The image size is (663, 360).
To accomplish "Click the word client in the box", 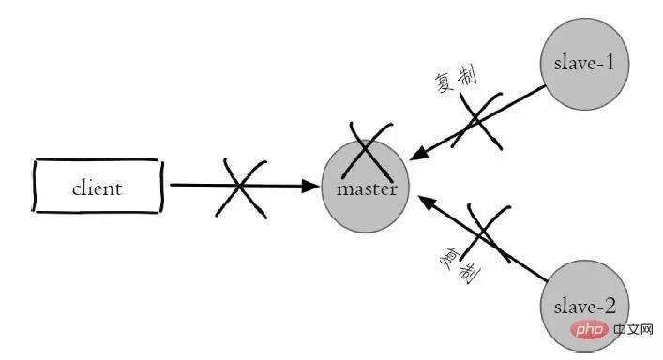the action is coord(98,188).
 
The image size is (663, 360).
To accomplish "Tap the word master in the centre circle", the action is coord(367,188).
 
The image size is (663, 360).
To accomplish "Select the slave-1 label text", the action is coord(584,63).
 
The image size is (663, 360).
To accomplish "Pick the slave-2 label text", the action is coord(585,307).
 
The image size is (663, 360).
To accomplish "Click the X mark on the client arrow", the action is coord(240,188).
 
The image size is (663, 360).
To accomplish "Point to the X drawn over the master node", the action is coord(368,151).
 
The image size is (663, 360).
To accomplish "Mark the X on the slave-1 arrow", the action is coord(477,121).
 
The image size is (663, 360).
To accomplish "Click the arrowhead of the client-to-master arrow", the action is coord(310,186).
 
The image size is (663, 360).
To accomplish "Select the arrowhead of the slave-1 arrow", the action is coord(417,154).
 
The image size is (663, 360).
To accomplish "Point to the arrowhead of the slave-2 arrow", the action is coord(426,202).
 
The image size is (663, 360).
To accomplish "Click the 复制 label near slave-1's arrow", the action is coord(456,79).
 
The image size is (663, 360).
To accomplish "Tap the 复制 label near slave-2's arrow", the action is coord(460,265).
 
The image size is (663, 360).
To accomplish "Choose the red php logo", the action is coord(590,329).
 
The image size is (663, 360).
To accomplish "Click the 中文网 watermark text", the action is coord(633,329).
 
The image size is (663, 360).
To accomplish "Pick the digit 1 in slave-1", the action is coord(610,63).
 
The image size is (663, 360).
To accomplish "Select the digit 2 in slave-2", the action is coord(610,306).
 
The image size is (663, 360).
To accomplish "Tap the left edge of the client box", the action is coord(35,186).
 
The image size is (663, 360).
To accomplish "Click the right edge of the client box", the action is coord(161,186).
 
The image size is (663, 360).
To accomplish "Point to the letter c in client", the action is coord(76,189).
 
